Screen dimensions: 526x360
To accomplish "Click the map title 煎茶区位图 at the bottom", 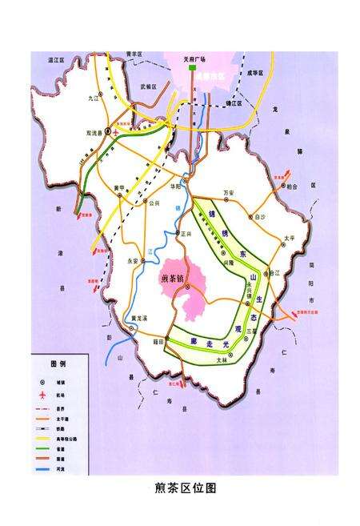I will click(x=185, y=488).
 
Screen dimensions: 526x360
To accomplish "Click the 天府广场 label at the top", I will click(x=193, y=59).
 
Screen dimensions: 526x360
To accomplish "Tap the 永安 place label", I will click(x=134, y=259).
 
